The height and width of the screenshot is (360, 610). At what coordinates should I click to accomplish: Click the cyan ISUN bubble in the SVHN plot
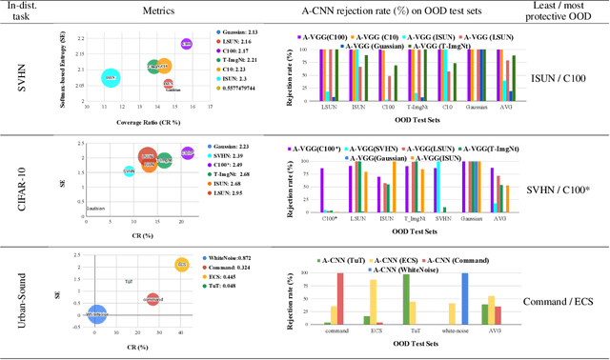point(110,77)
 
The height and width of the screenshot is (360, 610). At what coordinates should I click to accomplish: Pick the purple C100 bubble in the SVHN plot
point(186,44)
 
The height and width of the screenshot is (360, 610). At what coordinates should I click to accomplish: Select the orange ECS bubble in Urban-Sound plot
point(182,264)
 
